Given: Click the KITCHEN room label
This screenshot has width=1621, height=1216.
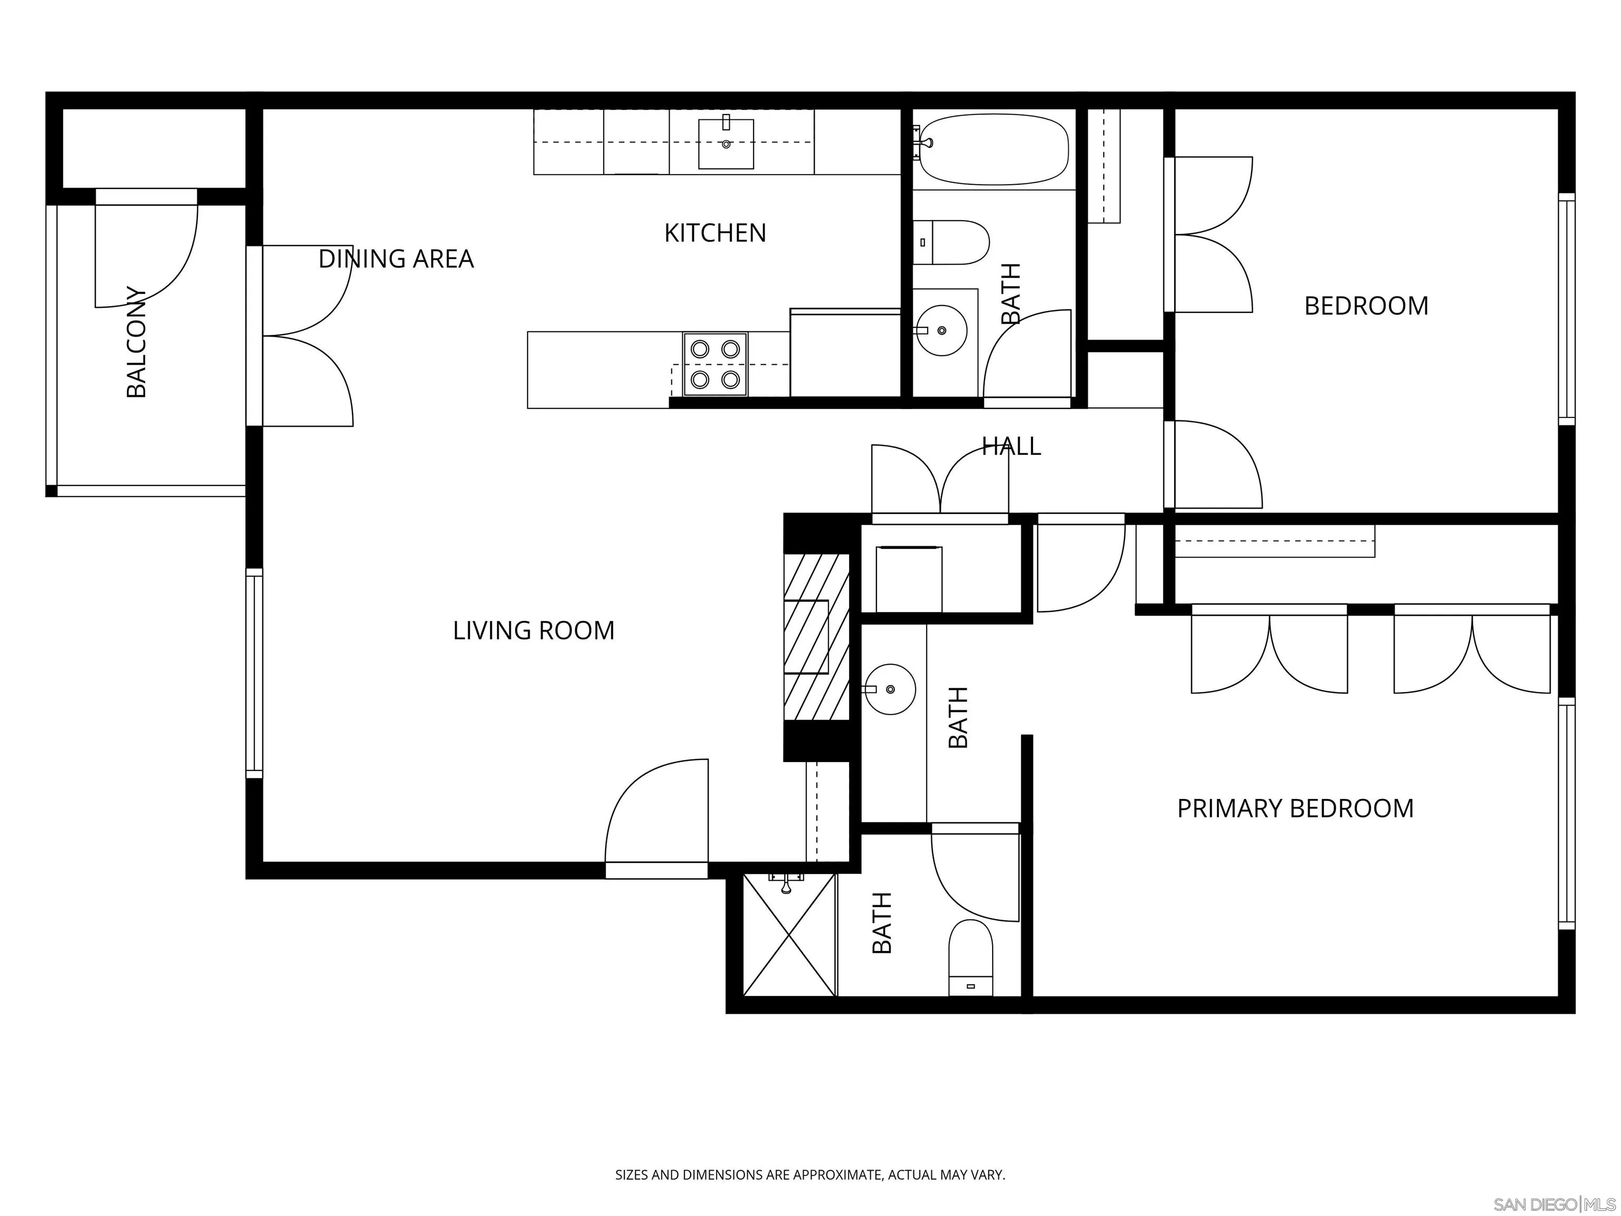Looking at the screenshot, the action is coord(714,233).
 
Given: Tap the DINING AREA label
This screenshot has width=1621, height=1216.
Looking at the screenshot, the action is coord(396,259).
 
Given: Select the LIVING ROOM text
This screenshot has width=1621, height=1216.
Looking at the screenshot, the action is coord(533,630).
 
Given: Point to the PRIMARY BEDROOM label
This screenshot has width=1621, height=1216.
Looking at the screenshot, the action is coord(1295,809).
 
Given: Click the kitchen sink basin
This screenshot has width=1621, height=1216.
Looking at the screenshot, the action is coord(726,144).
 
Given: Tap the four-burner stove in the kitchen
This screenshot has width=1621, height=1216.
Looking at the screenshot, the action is coord(715,364).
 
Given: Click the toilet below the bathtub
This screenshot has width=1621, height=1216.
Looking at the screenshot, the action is coord(951,243).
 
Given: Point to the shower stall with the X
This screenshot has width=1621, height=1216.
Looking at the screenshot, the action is coord(789,935).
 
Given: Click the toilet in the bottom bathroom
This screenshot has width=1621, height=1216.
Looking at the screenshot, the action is coord(971,958).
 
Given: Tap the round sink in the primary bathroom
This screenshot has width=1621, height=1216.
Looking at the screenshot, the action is coord(890,689).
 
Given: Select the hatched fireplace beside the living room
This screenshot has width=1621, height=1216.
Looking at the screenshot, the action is coord(816,637).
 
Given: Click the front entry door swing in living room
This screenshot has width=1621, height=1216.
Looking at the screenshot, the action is coord(656,811).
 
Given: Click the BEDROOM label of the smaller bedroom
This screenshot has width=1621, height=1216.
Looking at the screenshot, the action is coord(1366,306).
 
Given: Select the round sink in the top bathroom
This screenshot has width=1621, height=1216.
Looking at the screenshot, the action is coord(942,330).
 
